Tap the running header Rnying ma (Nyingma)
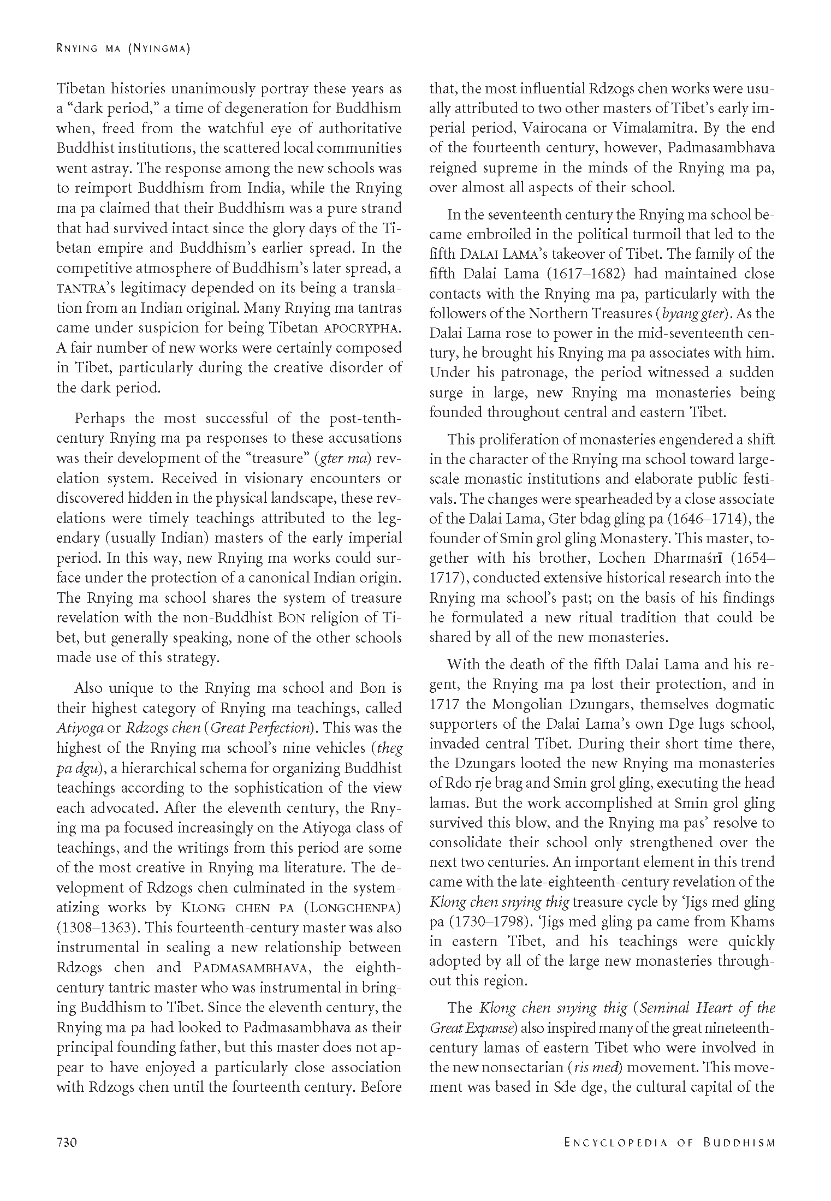(123, 50)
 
